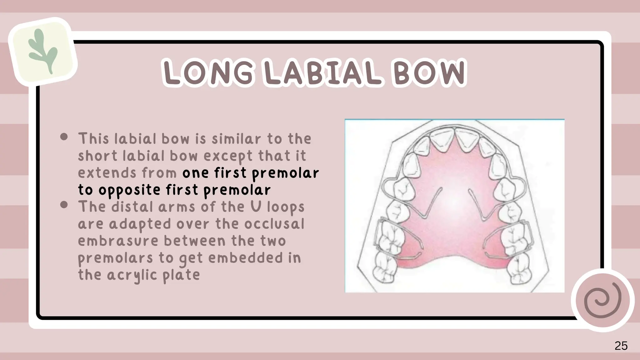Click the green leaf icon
point(43,51)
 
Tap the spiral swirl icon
point(602,300)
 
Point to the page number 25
point(621,346)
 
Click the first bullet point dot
point(64,137)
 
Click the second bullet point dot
point(64,205)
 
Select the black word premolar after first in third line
point(285,173)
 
